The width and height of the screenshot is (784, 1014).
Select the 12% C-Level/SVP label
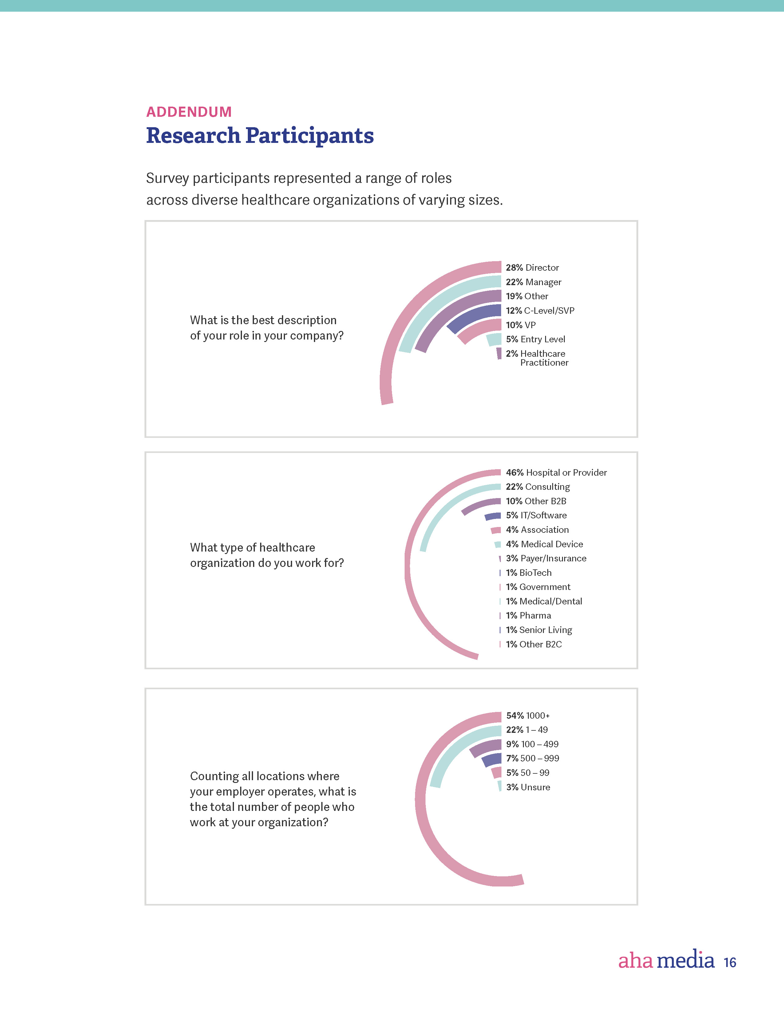point(540,311)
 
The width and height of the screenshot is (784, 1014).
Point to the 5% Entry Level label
point(535,340)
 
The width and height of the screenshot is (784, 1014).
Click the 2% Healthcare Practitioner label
point(537,358)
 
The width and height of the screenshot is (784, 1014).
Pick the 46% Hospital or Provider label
point(556,473)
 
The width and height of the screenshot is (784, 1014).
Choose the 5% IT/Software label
point(536,515)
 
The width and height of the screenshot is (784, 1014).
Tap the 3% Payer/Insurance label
point(546,559)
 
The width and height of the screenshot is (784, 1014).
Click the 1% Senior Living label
point(539,630)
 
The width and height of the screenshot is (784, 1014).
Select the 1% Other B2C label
point(534,644)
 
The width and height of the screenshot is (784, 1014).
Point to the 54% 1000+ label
point(528,715)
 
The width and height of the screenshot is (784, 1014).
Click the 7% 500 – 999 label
point(532,758)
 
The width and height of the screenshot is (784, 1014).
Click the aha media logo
point(666,960)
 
